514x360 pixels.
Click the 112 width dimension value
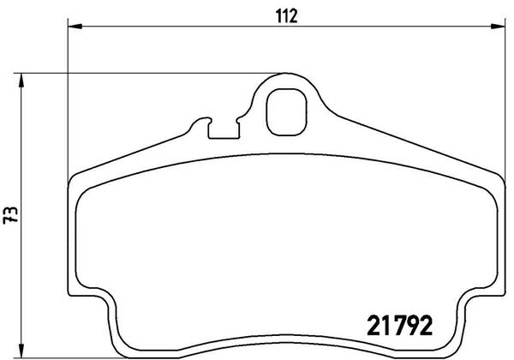coord(286,15)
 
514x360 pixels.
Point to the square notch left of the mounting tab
coord(224,129)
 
